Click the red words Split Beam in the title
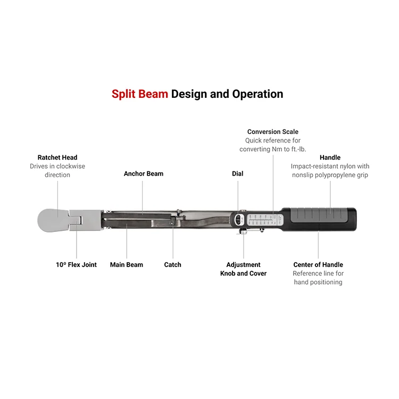click(139, 94)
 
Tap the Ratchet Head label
click(57, 157)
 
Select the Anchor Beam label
click(144, 173)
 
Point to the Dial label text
click(237, 173)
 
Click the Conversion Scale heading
click(273, 131)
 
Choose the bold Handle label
click(330, 157)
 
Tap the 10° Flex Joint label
click(76, 264)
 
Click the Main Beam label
click(127, 264)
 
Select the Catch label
click(172, 264)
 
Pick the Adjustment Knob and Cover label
click(243, 269)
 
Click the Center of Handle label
click(318, 264)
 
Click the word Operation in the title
click(257, 94)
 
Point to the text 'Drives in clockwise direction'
click(57, 170)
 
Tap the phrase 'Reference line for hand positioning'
click(318, 278)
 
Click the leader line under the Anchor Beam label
click(143, 194)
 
